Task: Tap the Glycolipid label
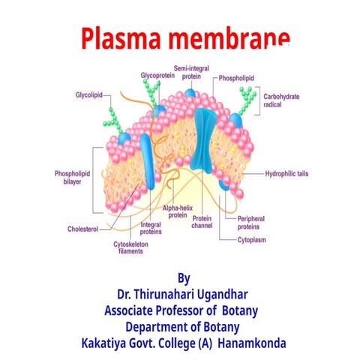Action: pos(88,96)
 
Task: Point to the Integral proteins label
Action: pos(152,226)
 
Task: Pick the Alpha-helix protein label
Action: pos(177,211)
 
